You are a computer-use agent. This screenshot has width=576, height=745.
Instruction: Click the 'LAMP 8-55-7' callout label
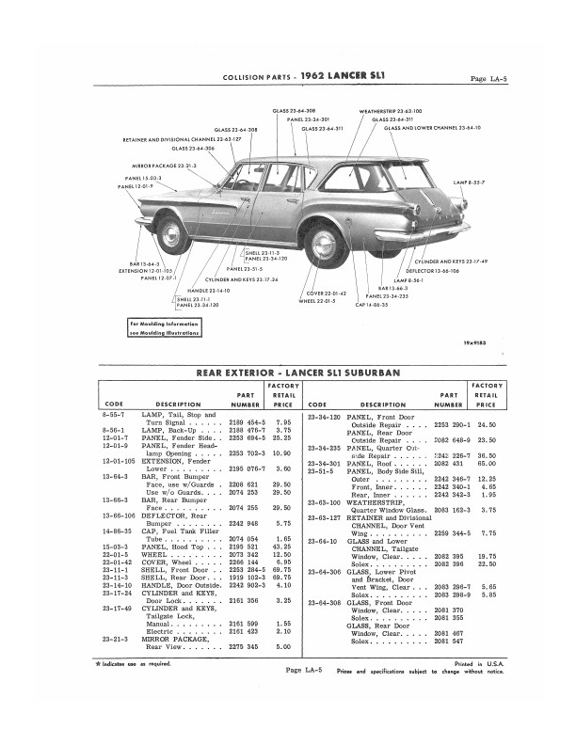click(x=469, y=181)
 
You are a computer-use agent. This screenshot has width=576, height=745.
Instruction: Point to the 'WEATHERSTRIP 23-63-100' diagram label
click(x=391, y=111)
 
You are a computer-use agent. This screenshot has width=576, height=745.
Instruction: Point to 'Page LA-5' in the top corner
click(x=489, y=78)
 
